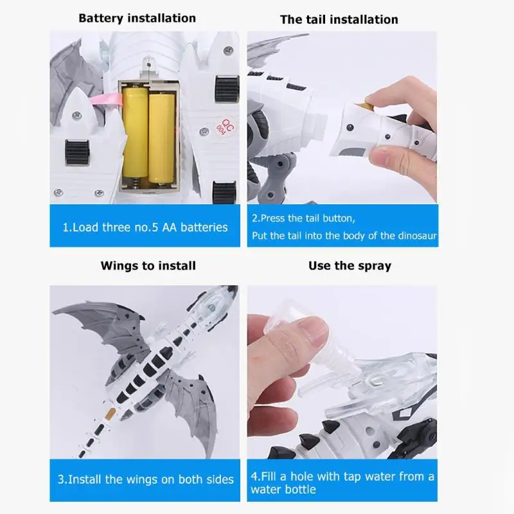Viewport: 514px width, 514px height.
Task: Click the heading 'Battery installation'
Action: click(137, 18)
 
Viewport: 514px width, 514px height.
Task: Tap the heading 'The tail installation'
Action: click(339, 19)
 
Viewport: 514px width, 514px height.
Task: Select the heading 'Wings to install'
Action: click(148, 265)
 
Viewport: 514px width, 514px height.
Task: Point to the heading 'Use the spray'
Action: click(350, 266)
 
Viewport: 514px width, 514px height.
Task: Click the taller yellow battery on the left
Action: click(135, 132)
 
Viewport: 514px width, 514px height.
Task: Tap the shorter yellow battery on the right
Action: click(161, 137)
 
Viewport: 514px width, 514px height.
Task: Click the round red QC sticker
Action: click(226, 127)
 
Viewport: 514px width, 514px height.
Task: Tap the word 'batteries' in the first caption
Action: click(204, 227)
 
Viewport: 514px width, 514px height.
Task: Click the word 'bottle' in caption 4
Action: click(300, 490)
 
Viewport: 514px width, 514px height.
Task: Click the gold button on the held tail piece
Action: click(363, 106)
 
